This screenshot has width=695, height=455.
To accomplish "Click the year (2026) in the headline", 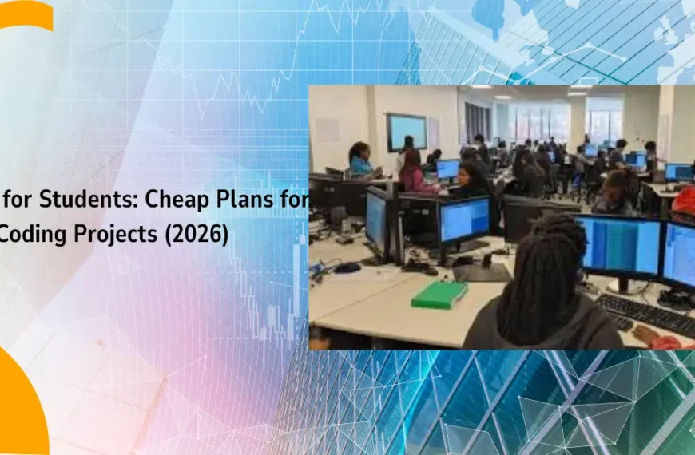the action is tap(197, 235).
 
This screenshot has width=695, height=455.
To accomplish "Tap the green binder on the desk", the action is tap(439, 295).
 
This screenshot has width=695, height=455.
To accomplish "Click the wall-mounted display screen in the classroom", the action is tap(407, 132).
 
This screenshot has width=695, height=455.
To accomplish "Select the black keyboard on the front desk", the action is tap(645, 314).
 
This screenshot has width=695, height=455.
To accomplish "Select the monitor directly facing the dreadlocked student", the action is tap(620, 247).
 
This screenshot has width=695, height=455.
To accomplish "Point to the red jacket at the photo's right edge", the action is tap(684, 200).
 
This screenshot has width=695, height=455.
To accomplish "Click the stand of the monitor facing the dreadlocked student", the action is tap(624, 285).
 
